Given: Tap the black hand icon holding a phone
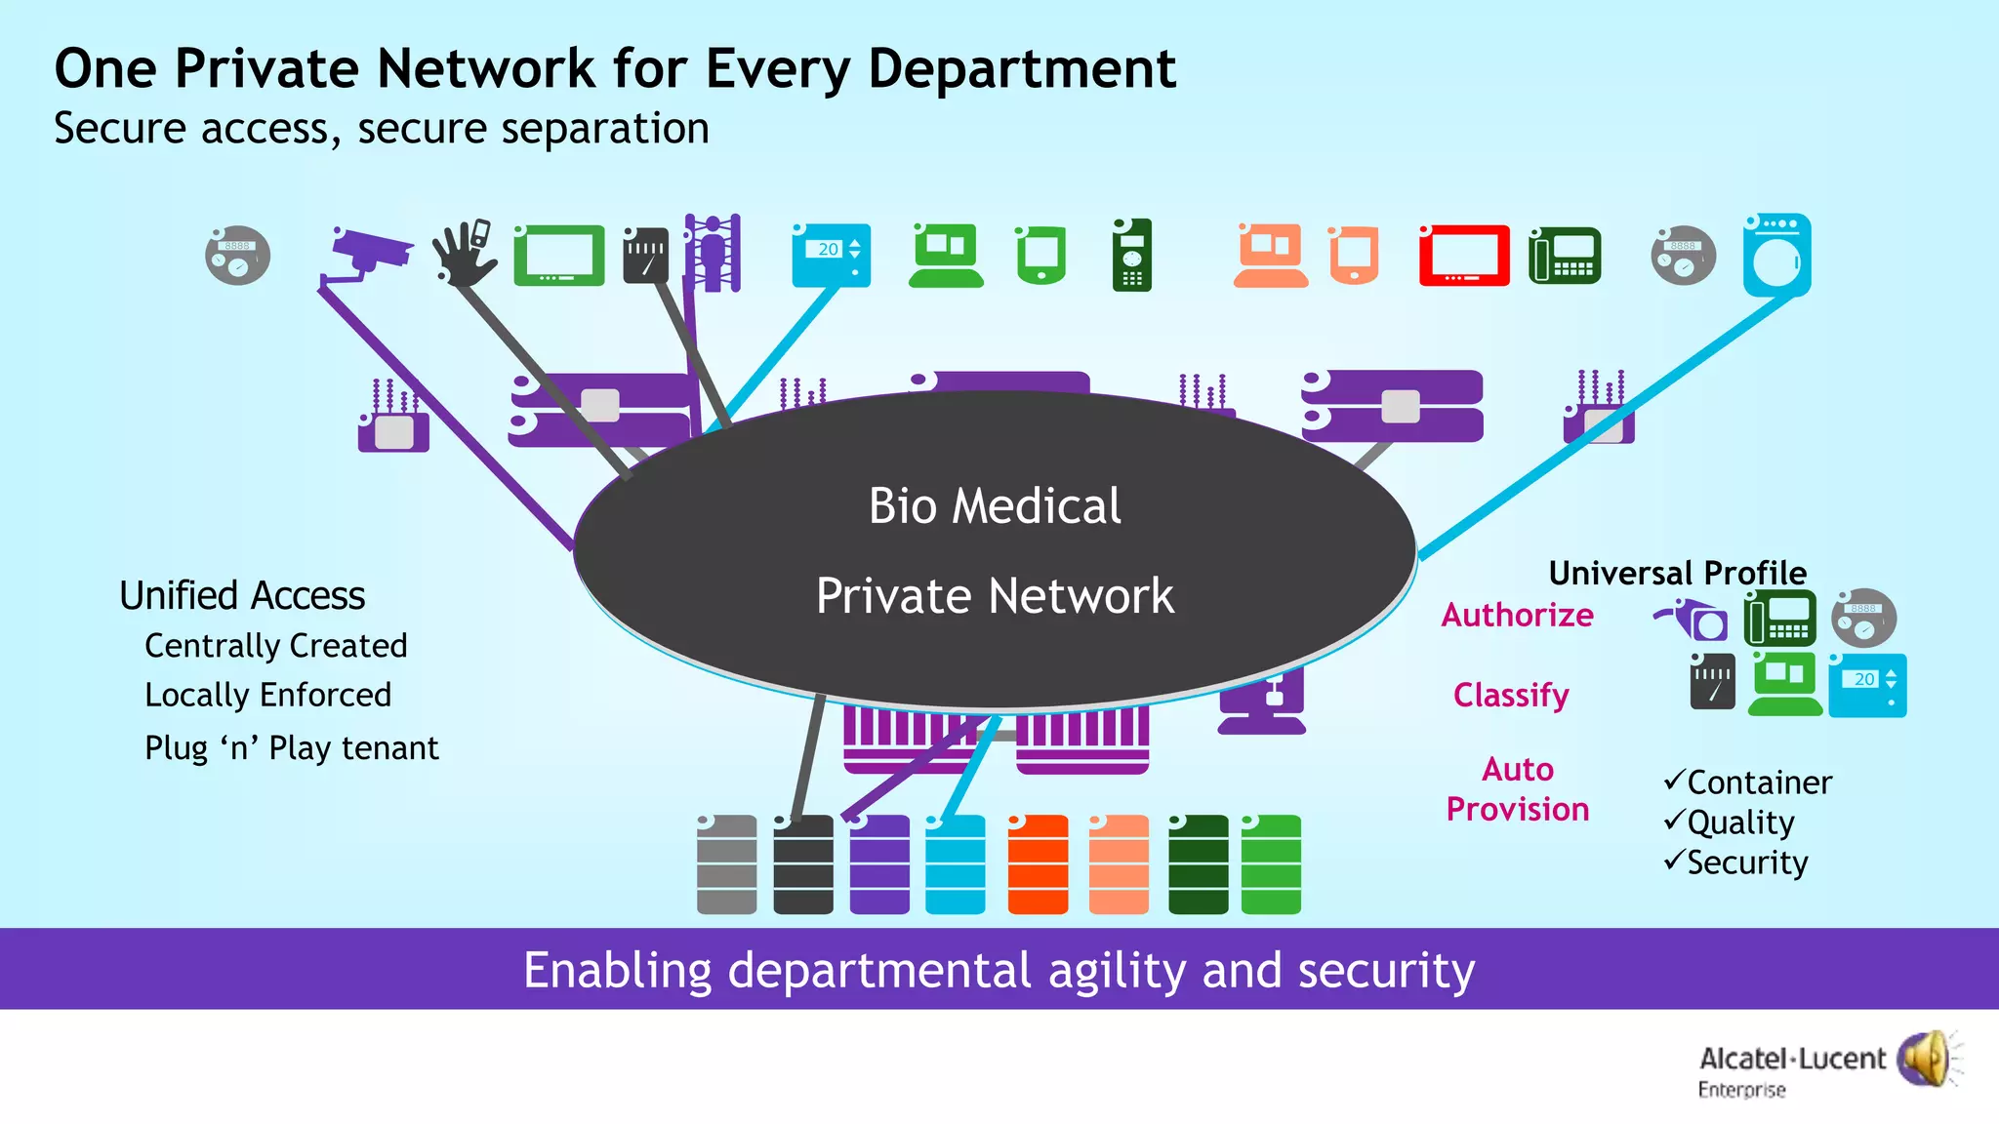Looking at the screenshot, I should [x=464, y=254].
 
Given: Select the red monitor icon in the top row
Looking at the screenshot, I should [x=1463, y=256].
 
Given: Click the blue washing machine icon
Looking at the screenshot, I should [x=1776, y=256].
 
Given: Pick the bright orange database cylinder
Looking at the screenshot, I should [x=1038, y=864].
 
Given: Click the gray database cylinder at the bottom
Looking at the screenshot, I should [x=726, y=864].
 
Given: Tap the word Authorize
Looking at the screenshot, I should [x=1517, y=616].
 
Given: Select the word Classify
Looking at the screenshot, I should [x=1510, y=696].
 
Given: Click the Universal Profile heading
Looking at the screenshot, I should [x=1677, y=573].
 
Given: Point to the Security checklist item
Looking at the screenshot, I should [x=1746, y=863].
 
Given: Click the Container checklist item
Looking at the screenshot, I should [x=1758, y=783].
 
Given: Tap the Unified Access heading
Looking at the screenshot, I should [x=242, y=595].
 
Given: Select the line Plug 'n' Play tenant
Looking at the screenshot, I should [x=291, y=748].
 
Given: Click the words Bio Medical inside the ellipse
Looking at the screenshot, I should [x=995, y=506].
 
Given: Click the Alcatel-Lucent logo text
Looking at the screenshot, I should [x=1792, y=1060].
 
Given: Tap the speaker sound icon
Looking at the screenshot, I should [x=1925, y=1059].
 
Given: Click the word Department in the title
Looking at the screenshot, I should [x=1021, y=70].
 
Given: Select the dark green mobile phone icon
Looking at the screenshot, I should [x=1131, y=256].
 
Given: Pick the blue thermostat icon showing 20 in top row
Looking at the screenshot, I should [x=831, y=256].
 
